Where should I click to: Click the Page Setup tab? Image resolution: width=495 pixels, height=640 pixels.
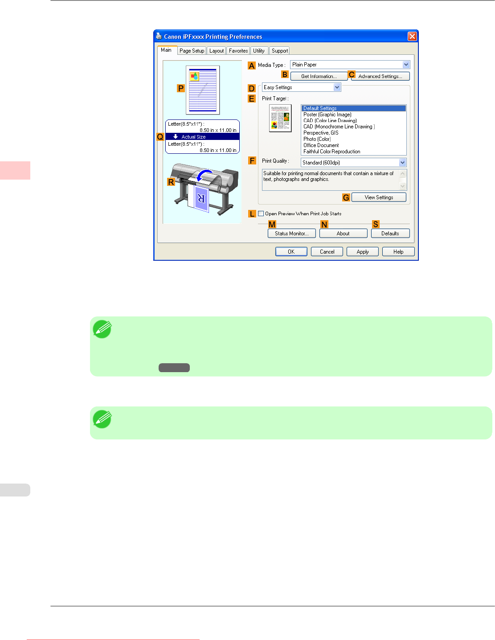192,51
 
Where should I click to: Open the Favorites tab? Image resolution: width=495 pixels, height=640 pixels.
238,51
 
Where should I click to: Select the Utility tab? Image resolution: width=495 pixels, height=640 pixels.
259,51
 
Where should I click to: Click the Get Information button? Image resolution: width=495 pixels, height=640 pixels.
319,76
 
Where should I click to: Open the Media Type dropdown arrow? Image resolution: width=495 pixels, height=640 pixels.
406,65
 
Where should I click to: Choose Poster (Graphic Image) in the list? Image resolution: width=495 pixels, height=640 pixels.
327,115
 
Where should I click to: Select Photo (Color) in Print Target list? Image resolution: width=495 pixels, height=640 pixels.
317,139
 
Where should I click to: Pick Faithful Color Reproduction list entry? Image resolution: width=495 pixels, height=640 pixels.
331,152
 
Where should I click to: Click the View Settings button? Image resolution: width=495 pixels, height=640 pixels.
379,197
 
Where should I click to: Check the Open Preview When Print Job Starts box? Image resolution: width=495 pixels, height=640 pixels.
261,213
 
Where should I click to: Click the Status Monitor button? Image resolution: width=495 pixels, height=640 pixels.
291,234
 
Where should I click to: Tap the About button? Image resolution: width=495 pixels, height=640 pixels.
343,234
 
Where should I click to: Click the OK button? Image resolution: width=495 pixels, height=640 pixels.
291,252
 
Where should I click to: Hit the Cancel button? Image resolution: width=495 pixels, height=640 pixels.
327,252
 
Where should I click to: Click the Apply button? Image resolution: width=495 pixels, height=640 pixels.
362,252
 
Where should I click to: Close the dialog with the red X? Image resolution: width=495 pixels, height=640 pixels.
412,36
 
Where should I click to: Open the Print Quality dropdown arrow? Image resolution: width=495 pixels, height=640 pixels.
402,163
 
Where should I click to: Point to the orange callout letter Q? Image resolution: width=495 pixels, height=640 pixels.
160,137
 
